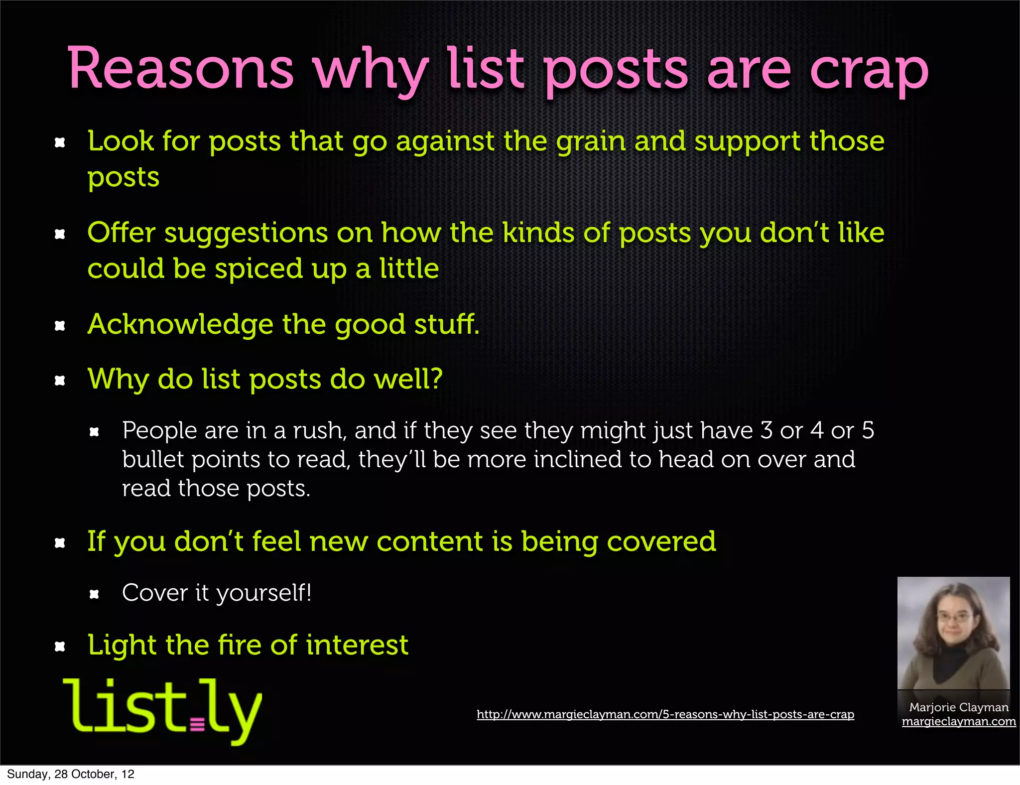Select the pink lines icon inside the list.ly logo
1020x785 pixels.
(197, 724)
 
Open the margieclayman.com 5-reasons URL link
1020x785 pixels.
(665, 714)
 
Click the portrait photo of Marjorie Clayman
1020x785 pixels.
(953, 633)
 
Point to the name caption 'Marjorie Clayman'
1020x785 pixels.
(958, 707)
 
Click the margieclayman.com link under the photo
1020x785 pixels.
(958, 722)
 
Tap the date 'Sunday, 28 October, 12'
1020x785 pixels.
(70, 774)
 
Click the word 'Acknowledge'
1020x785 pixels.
(180, 325)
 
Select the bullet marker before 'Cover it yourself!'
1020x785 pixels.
(94, 594)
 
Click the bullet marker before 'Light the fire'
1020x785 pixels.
(60, 647)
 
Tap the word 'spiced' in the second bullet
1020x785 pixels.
(258, 269)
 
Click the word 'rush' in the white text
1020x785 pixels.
(316, 431)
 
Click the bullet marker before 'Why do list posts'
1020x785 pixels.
(60, 381)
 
